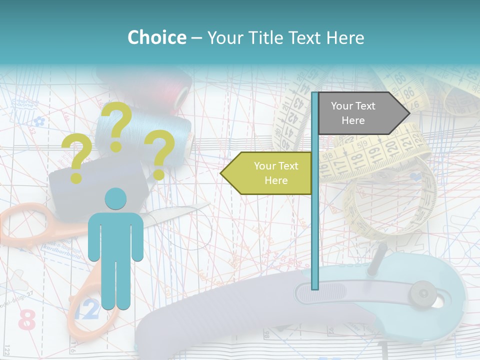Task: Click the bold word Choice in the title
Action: [x=156, y=37]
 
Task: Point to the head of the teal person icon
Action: [x=115, y=198]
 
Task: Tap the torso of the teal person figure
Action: [x=115, y=235]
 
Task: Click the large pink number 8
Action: [x=26, y=319]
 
